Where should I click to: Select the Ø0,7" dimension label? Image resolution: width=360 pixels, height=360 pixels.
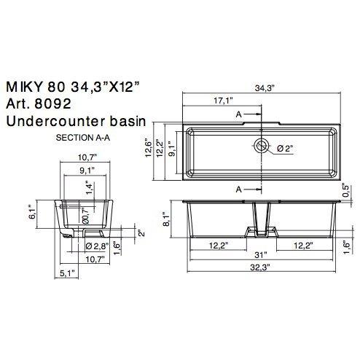coord(85,216)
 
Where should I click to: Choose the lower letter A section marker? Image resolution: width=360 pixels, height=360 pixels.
coord(238,189)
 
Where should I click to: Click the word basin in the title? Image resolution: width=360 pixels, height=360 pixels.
coord(126,122)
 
